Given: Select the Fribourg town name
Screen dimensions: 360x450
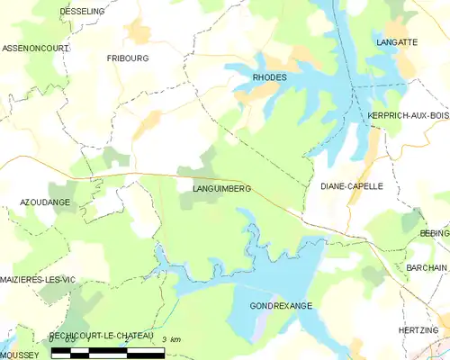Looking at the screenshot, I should pos(128,58).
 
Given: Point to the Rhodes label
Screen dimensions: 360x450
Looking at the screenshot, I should pos(270,77).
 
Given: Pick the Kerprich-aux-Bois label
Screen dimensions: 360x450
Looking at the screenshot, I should pos(408,115).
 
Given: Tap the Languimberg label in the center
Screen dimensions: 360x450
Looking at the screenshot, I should pos(221,188).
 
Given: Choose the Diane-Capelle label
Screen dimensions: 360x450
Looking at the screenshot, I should pos(352,186).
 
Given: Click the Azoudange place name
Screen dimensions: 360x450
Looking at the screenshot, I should pos(45,202).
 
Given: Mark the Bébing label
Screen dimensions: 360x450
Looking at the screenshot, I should pos(434,232).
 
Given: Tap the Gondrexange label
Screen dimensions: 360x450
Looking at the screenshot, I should pos(282,306).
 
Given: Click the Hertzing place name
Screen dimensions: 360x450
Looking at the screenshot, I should pos(418,330).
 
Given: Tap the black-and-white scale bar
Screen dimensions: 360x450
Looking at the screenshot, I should pos(108,350).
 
